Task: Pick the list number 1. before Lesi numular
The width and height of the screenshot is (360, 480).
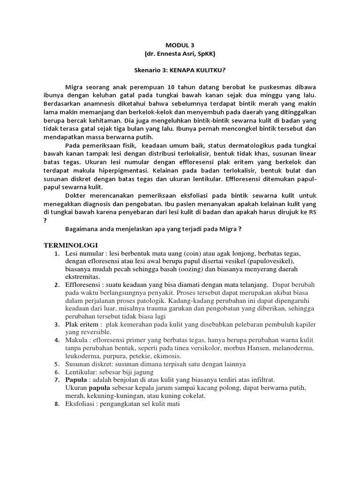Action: click(56, 254)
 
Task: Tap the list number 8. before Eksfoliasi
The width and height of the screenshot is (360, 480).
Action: click(56, 404)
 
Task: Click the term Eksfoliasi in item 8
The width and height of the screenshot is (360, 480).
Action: click(82, 404)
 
